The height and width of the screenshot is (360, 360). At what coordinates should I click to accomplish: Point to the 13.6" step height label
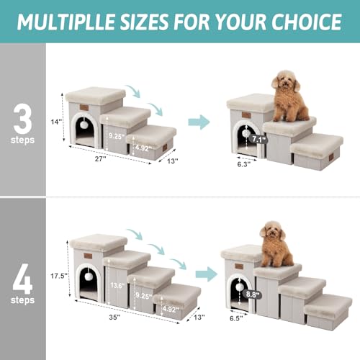coord(117,284)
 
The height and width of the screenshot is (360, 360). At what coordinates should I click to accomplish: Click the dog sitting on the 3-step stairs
coord(288,97)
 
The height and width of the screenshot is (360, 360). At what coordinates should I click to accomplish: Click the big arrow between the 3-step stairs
coord(199,122)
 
